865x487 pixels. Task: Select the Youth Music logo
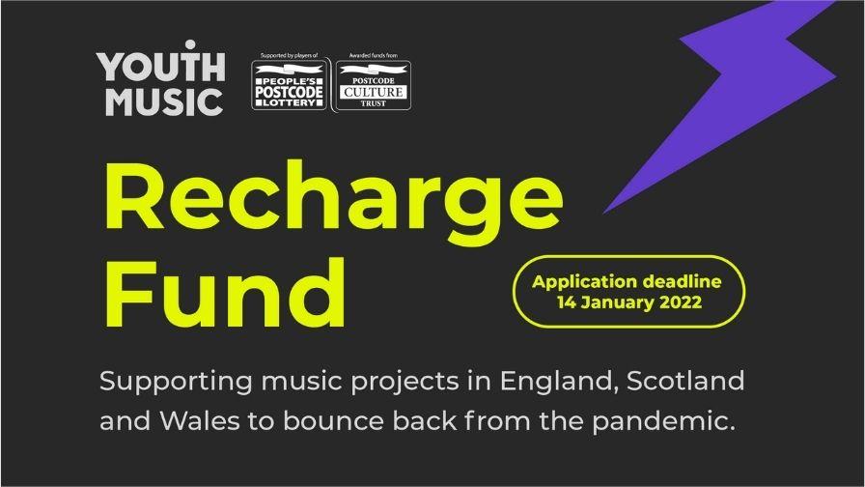coord(160,79)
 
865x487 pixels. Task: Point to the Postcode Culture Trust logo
coord(373,85)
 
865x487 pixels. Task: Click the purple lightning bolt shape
coord(743,92)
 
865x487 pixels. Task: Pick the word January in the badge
coord(612,302)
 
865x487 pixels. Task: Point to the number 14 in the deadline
coord(568,302)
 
